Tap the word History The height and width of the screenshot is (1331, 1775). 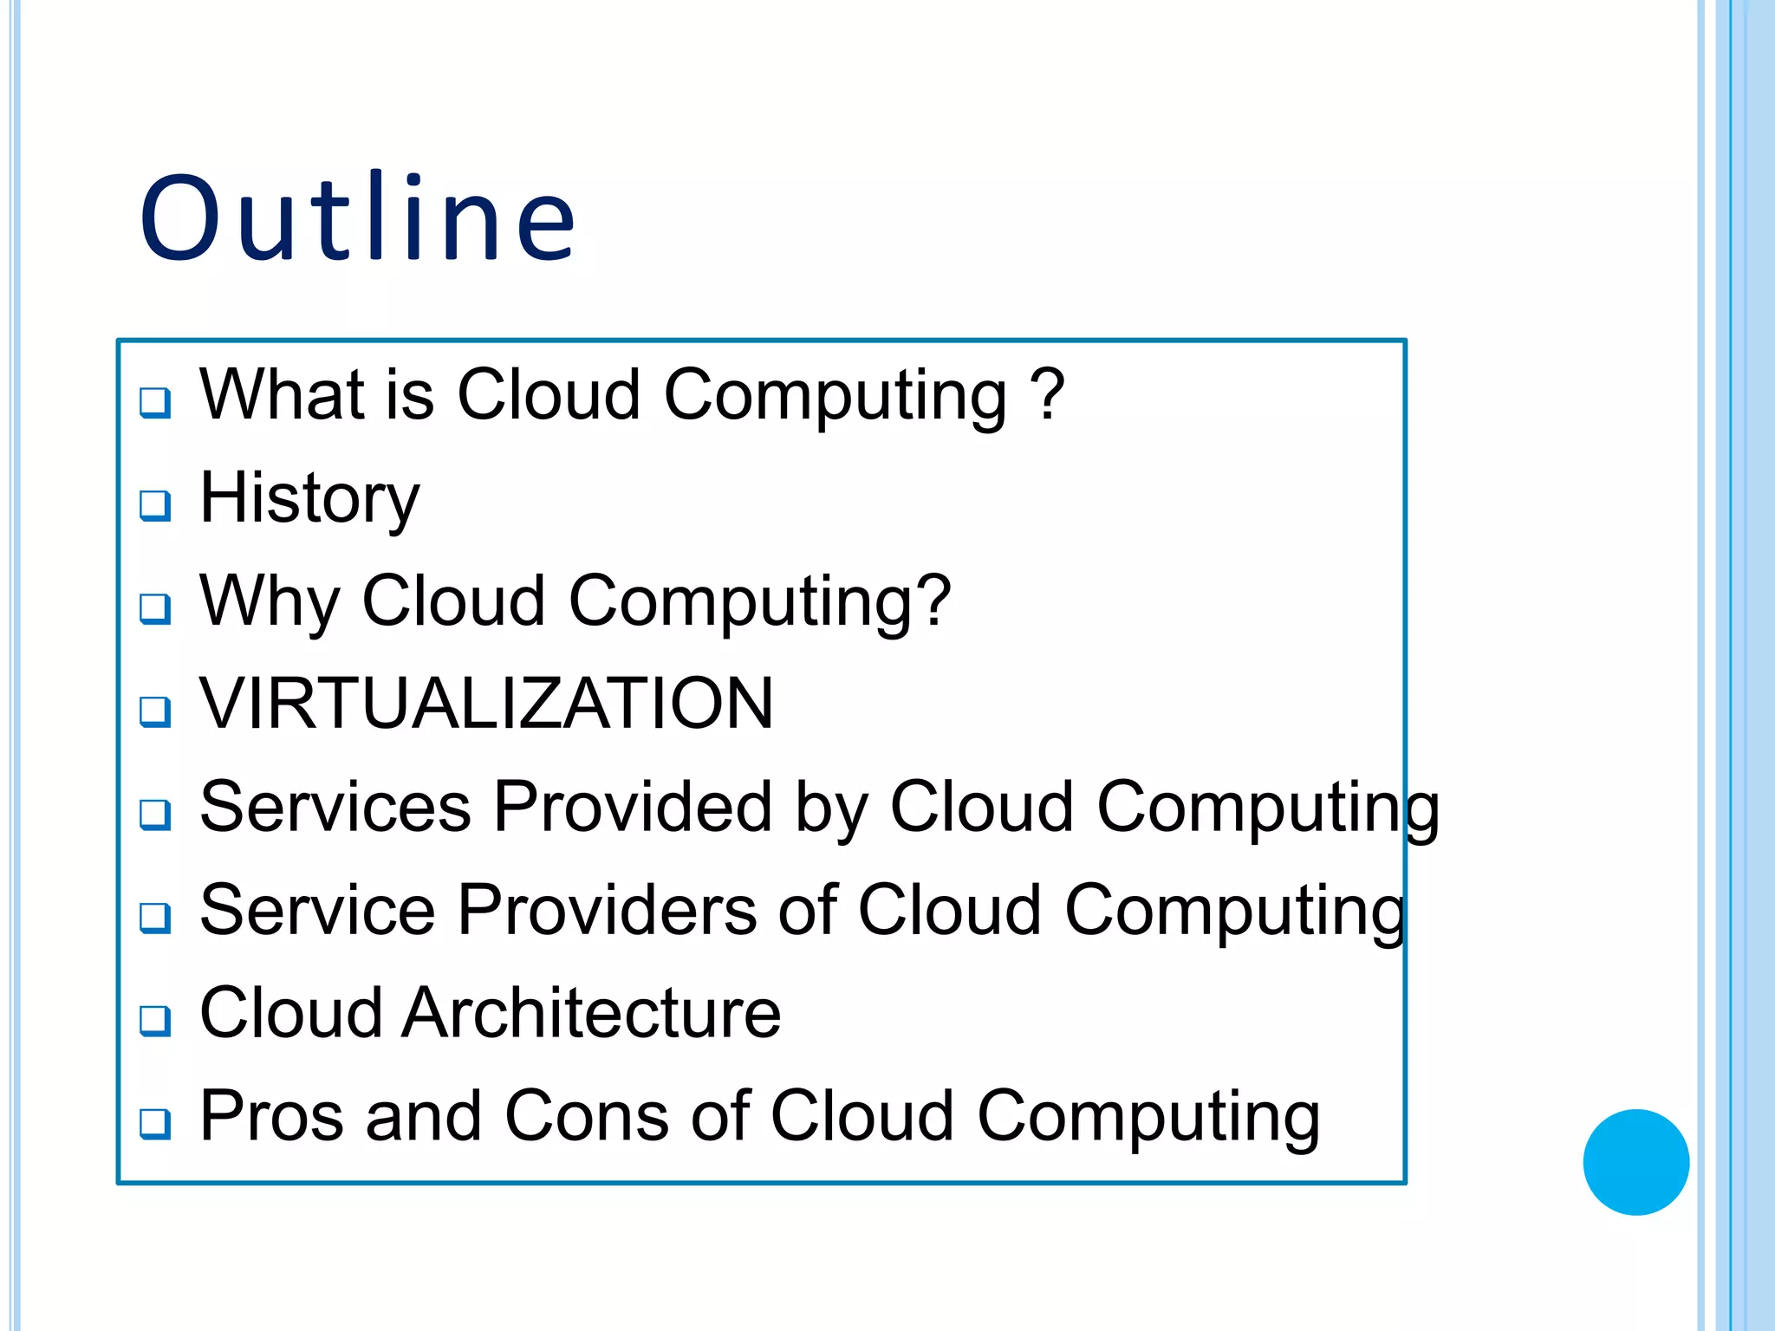tap(309, 497)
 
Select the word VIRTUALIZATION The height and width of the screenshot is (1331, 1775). tap(486, 703)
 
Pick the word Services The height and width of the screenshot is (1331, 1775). tap(335, 807)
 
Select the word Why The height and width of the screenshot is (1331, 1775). tap(270, 601)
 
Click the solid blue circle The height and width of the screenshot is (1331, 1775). tap(1635, 1161)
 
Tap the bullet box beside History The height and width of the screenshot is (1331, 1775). tap(156, 505)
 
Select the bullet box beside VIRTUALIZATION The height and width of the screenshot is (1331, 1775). tap(156, 711)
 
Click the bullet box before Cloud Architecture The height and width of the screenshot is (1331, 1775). tap(156, 1021)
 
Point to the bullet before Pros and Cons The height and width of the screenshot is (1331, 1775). tap(156, 1124)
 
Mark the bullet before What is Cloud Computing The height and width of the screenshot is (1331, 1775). tap(156, 402)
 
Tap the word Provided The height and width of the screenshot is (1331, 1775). tap(633, 807)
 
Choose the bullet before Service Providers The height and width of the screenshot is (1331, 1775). tap(156, 918)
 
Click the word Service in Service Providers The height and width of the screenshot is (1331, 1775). tap(317, 910)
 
